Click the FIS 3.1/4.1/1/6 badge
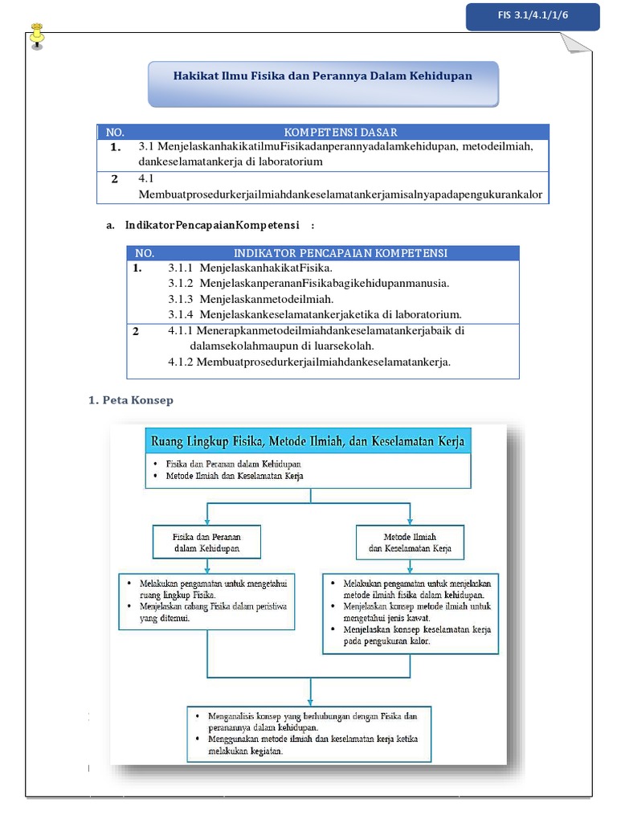click(x=532, y=16)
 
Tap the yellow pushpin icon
click(x=37, y=36)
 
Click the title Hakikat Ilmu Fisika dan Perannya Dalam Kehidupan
click(x=323, y=76)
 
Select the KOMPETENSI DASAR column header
click(x=341, y=132)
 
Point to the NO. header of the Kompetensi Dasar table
click(x=116, y=132)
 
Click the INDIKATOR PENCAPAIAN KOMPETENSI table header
click(x=341, y=253)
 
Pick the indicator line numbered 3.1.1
click(x=250, y=268)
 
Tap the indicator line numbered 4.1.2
click(x=309, y=362)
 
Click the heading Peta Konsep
click(x=131, y=400)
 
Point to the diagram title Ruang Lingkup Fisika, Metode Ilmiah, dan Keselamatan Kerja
click(x=308, y=441)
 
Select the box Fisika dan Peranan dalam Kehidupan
click(x=207, y=543)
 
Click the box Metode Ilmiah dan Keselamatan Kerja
click(x=410, y=543)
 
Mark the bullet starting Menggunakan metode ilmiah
click(x=313, y=744)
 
